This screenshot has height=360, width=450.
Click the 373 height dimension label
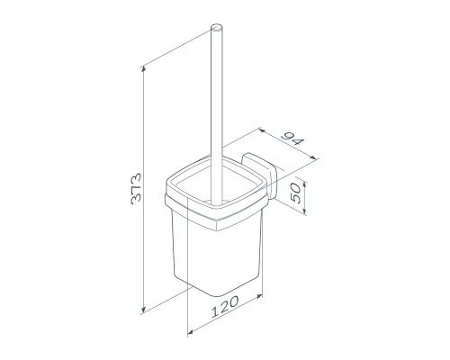[136, 188]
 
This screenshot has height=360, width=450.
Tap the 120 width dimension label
[225, 306]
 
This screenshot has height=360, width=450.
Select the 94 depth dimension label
[292, 139]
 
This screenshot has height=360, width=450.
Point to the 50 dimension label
[295, 193]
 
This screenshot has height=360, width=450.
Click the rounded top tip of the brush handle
[217, 27]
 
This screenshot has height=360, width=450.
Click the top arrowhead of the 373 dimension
[143, 69]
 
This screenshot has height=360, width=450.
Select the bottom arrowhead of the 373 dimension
[143, 309]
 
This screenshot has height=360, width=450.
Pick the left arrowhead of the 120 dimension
[191, 331]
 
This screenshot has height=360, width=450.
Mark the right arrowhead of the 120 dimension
[259, 296]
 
